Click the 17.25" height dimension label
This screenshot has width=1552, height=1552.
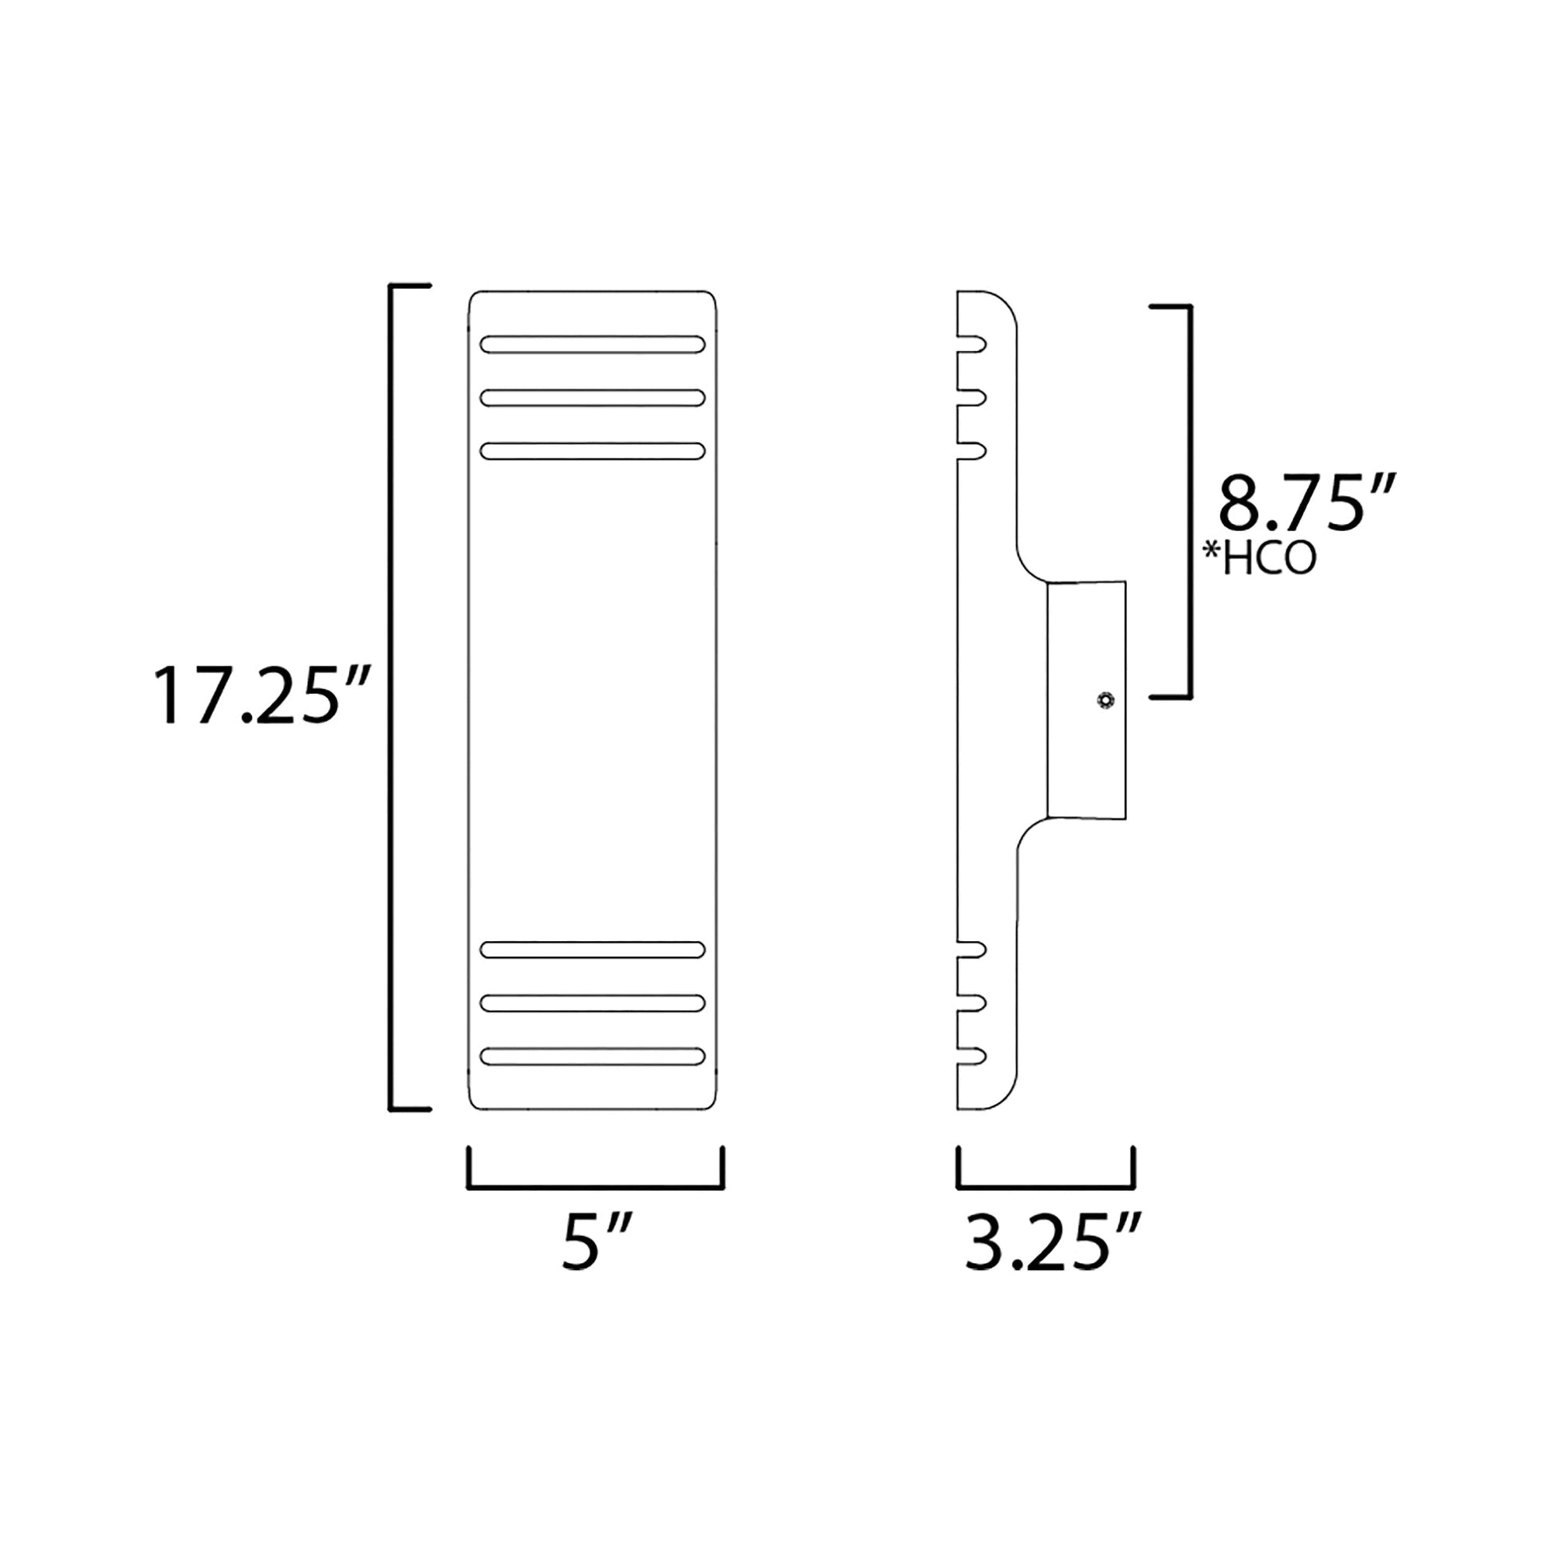262,695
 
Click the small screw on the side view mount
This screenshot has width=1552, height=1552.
1106,700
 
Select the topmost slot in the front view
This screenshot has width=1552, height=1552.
593,345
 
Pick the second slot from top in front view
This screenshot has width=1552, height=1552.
593,398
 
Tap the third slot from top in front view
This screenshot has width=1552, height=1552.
593,451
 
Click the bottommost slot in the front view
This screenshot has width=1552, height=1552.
593,1057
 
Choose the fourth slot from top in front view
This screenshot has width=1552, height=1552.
593,950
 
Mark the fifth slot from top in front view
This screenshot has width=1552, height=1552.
593,1003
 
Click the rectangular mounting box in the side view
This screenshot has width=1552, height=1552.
1086,700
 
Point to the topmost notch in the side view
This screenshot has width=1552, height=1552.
974,345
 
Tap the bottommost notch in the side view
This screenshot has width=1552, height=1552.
974,1057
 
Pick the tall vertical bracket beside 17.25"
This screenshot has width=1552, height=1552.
392,697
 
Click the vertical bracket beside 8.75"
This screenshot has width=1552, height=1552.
1190,502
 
